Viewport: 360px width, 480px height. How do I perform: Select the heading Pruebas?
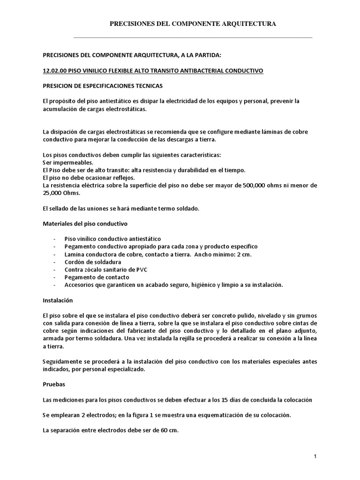53,384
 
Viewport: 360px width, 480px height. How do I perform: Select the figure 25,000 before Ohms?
53,193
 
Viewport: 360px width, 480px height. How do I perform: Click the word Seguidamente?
64,361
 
